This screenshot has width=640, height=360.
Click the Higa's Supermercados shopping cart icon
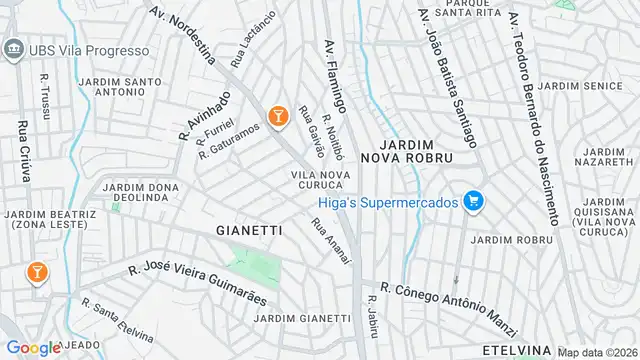(x=474, y=202)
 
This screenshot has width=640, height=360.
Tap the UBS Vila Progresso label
(x=63, y=48)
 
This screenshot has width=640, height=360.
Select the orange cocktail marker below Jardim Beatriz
(x=37, y=271)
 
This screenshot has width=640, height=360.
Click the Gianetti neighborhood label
(x=249, y=230)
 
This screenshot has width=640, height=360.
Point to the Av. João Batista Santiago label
(x=449, y=61)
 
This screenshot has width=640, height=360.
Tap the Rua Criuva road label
(x=22, y=150)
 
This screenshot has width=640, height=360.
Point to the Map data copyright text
(x=598, y=352)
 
